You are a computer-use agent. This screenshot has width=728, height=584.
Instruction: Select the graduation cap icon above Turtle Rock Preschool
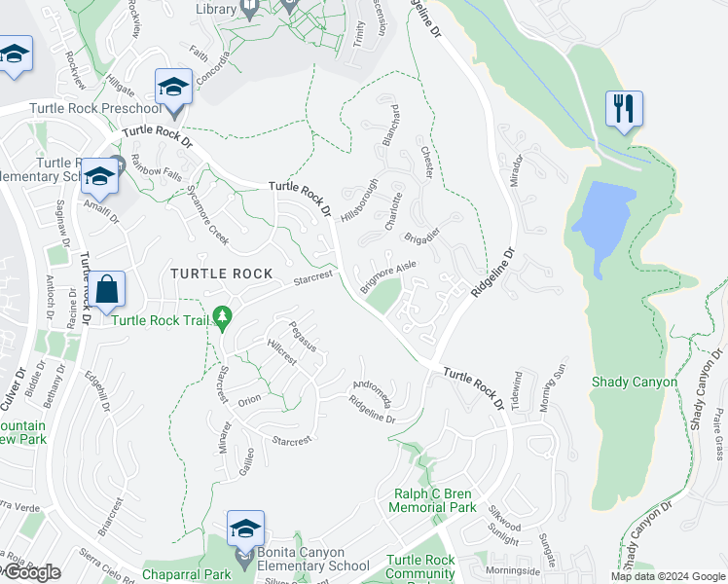click(172, 89)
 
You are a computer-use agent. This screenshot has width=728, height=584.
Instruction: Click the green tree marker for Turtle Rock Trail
click(223, 317)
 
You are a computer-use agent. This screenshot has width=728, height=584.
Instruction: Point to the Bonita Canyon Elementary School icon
click(246, 529)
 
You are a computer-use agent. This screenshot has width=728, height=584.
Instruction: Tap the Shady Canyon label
click(634, 382)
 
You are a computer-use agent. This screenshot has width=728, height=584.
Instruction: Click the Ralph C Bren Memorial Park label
click(432, 500)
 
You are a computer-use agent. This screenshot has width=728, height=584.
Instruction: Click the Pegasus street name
click(303, 336)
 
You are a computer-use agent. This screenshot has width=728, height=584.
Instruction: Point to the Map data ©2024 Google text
click(668, 576)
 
